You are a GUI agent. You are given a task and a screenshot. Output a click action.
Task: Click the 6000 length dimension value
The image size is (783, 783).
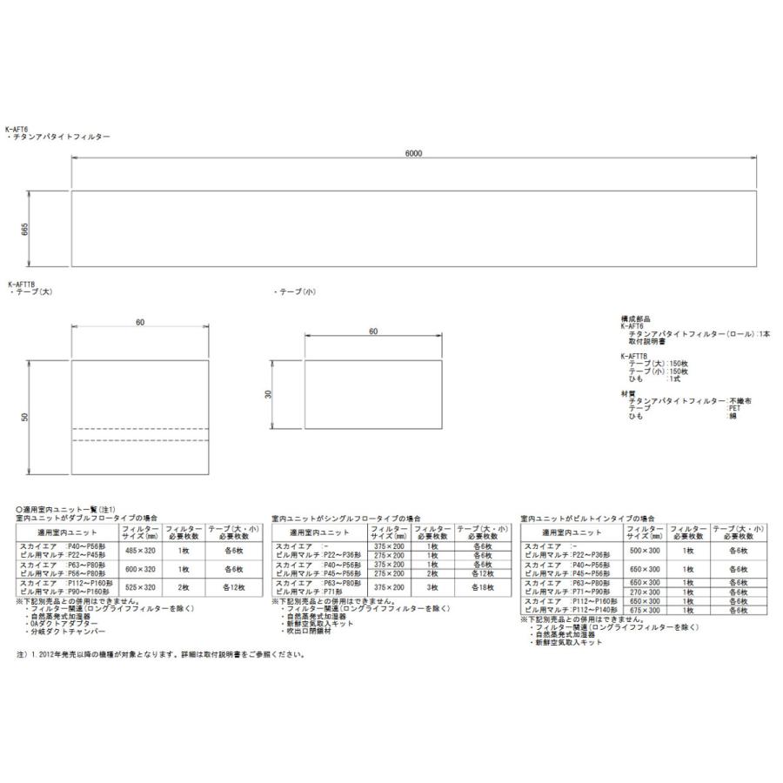tap(413, 153)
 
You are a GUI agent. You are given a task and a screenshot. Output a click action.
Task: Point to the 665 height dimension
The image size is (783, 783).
tap(25, 228)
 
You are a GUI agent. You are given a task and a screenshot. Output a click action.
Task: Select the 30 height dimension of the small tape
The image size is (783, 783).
tap(269, 393)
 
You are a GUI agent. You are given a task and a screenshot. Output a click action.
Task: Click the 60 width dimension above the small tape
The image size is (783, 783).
tap(373, 331)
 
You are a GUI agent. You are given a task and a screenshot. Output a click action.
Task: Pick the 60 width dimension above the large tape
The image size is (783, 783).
tap(140, 323)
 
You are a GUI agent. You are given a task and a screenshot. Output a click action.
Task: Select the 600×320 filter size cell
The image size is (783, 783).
tap(139, 569)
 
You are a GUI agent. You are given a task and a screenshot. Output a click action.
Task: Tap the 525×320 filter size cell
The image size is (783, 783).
tap(139, 587)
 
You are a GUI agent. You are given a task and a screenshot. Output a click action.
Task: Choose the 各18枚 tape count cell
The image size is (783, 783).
tap(476, 587)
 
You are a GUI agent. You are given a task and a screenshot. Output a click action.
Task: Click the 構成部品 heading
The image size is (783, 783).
tap(636, 319)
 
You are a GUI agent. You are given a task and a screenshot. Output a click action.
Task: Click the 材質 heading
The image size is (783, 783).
tap(628, 392)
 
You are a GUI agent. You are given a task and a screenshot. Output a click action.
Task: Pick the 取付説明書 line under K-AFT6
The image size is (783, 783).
tap(649, 341)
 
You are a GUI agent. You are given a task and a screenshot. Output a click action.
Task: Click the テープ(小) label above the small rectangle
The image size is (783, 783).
tap(295, 292)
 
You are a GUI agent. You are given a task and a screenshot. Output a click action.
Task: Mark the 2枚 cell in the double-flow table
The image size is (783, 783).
tap(184, 587)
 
